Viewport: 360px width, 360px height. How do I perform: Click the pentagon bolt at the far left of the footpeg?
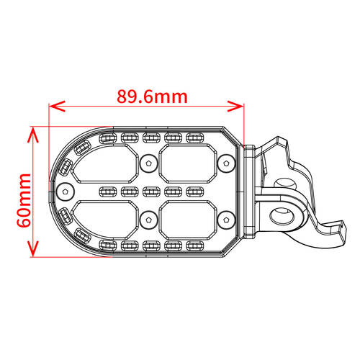click(66, 192)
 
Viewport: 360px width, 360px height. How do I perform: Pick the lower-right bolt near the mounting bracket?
click(227, 218)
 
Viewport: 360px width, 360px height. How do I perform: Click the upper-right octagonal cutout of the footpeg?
click(189, 163)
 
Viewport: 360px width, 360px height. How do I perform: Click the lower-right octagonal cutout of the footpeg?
click(189, 220)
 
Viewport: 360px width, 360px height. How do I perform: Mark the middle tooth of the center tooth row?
click(150, 192)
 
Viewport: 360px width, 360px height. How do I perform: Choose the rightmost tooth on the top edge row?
click(194, 138)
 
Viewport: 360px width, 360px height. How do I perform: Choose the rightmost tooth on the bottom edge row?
click(194, 246)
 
